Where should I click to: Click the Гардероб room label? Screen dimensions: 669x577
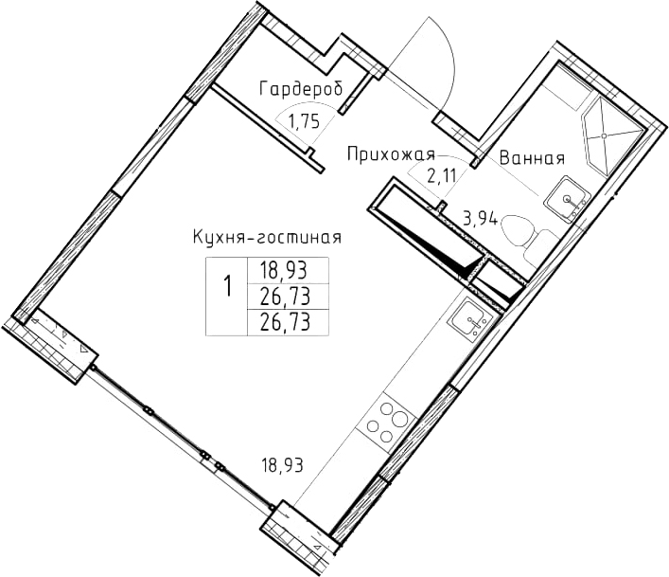(x=301, y=89)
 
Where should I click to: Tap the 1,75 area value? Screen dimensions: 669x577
(x=304, y=122)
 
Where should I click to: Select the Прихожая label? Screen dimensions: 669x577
(x=391, y=154)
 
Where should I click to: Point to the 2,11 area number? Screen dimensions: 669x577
(x=442, y=175)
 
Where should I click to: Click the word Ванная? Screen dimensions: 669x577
(x=532, y=158)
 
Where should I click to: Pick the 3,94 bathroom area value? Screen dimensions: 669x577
(x=481, y=219)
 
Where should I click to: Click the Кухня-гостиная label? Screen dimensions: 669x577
(x=268, y=237)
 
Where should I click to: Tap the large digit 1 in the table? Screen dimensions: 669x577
(x=228, y=286)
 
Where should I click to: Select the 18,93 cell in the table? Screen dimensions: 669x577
(x=284, y=270)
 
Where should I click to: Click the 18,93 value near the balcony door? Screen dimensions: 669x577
(x=282, y=465)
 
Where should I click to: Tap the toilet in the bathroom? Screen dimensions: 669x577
(x=527, y=236)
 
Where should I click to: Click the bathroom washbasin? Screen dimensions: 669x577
(x=567, y=199)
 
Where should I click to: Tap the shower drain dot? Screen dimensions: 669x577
(x=604, y=135)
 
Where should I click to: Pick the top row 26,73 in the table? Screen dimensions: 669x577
(x=285, y=296)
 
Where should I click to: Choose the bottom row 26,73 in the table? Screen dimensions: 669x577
(x=285, y=322)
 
